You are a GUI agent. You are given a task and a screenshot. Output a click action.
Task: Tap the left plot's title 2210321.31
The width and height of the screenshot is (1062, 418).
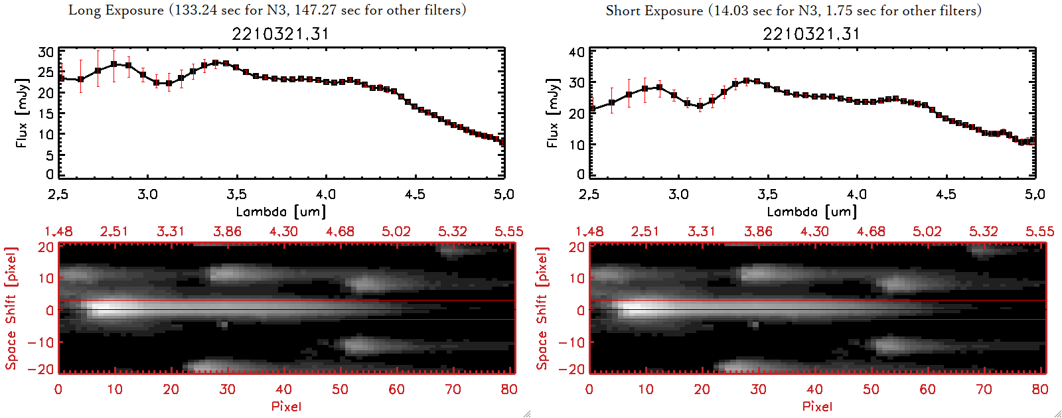click(280, 34)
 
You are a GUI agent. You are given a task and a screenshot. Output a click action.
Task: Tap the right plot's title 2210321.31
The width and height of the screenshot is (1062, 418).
click(811, 34)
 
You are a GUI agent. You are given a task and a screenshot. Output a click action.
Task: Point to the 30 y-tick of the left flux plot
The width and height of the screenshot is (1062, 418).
click(46, 52)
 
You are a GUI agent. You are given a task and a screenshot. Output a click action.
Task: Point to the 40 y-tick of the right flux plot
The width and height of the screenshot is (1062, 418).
click(577, 52)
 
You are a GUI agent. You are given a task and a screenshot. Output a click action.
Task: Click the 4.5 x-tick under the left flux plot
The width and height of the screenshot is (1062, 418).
click(415, 194)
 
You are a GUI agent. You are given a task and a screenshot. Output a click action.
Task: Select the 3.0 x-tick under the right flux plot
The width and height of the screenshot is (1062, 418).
click(678, 194)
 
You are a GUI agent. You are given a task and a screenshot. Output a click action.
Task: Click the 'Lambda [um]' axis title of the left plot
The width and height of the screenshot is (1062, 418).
click(281, 212)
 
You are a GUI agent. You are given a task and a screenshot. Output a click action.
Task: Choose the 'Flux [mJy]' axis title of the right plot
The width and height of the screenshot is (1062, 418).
click(553, 113)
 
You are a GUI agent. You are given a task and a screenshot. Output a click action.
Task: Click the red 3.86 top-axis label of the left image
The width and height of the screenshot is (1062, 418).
click(227, 232)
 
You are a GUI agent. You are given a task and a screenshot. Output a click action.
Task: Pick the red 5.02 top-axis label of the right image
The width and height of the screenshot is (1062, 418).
click(927, 232)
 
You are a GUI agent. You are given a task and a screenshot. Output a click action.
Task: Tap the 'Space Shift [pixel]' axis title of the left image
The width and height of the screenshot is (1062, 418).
click(11, 309)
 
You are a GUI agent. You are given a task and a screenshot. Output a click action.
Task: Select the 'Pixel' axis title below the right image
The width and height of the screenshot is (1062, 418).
click(817, 406)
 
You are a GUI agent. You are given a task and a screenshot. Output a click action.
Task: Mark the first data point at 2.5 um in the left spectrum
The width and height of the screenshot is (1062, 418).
click(61, 78)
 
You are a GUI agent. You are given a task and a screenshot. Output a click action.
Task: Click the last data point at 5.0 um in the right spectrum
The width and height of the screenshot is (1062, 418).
click(1032, 140)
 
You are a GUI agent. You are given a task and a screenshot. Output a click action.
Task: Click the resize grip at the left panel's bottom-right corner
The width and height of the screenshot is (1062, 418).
click(527, 413)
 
